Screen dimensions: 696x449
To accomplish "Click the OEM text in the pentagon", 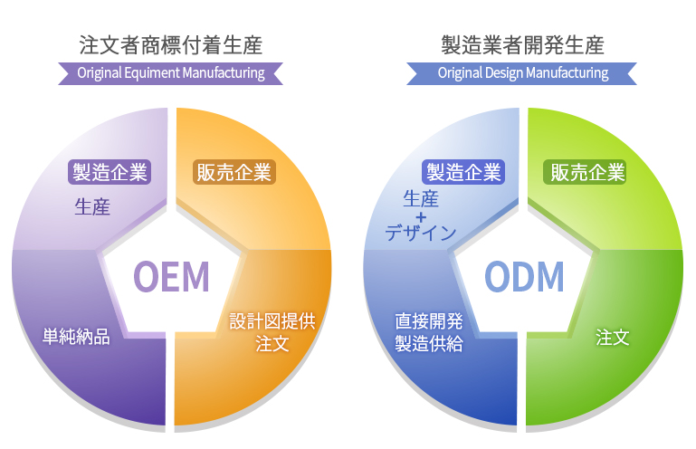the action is [171, 276].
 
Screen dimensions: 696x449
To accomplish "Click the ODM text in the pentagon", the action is [524, 276].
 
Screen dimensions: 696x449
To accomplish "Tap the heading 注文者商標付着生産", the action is [171, 45].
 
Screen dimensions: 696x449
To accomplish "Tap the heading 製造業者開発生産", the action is [522, 45].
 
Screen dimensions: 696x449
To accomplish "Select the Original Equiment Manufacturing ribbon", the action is [171, 73].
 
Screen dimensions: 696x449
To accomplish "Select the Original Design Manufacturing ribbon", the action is [522, 73].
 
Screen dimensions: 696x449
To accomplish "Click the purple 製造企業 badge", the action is [110, 172].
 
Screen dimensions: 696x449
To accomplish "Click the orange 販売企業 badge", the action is [234, 172].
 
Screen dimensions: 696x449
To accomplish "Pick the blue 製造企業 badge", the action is [463, 172].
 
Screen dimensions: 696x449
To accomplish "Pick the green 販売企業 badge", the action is [585, 172].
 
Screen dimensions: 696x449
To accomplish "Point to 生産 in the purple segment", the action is [92, 207].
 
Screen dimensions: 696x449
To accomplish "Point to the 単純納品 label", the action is [76, 336].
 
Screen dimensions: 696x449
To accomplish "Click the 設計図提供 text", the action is [272, 321].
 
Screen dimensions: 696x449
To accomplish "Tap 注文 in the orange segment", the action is [272, 343].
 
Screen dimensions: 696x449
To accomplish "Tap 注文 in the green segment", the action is [613, 337].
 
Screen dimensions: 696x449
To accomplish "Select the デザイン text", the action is [420, 233].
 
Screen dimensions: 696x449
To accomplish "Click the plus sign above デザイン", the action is [421, 217].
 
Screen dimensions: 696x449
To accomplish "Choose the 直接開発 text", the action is [429, 321].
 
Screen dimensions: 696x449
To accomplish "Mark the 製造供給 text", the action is [429, 343].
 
